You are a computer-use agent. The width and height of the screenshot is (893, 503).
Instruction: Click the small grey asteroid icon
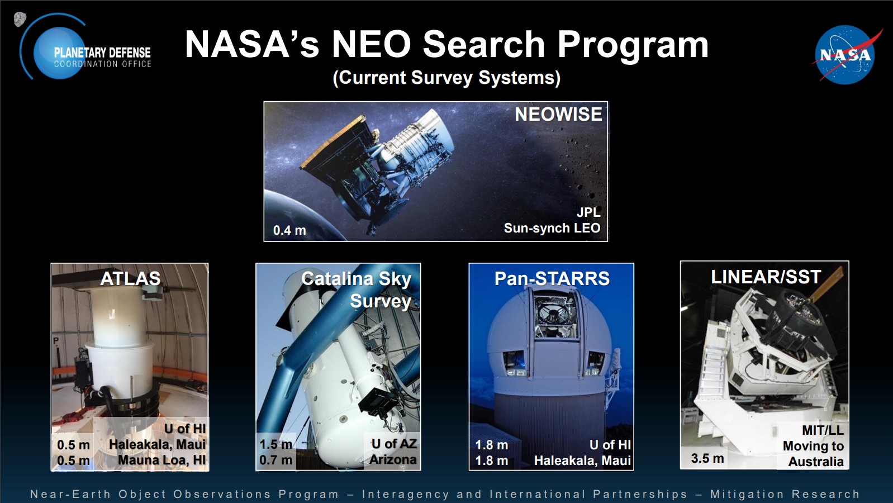point(20,19)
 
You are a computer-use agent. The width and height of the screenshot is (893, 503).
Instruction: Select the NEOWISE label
point(558,115)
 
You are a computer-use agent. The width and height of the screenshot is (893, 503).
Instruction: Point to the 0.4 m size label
point(289,230)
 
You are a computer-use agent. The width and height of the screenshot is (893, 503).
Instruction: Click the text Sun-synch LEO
point(552,228)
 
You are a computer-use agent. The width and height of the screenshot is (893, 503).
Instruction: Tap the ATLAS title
point(130,278)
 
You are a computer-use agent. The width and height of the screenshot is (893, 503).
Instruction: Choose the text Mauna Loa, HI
point(161,460)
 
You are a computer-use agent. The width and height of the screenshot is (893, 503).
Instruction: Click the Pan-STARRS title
point(552,278)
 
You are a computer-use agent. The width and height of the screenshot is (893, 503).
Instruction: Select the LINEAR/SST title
point(766,277)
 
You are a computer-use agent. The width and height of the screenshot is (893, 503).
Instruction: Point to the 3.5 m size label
point(707,458)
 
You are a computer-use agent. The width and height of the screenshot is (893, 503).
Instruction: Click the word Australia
point(816,462)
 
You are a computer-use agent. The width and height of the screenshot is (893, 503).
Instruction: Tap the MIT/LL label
point(823,430)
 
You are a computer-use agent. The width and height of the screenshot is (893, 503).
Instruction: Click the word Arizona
point(393,460)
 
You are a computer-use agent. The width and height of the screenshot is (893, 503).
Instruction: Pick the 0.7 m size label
point(275,460)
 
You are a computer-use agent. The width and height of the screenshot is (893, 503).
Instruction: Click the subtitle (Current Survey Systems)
point(446,77)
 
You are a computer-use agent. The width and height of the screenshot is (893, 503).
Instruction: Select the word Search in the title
point(483,44)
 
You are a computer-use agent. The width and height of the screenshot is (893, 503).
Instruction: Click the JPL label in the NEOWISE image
point(588,212)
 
